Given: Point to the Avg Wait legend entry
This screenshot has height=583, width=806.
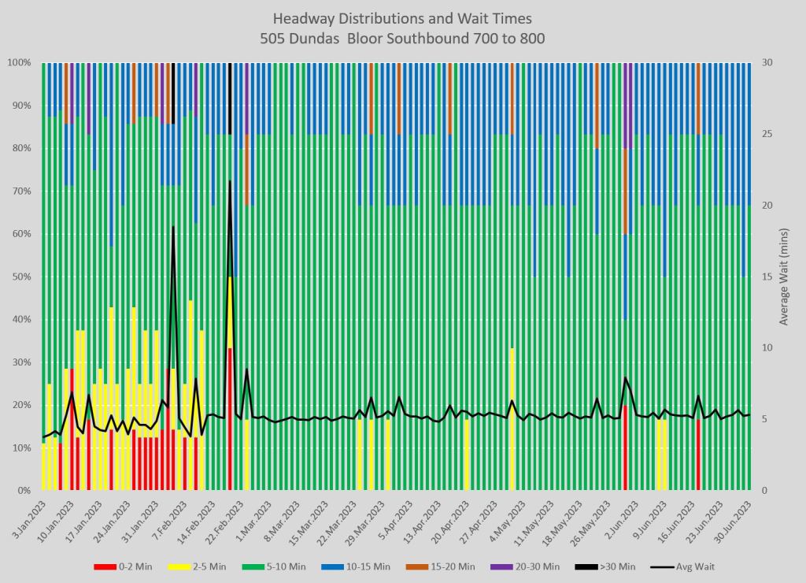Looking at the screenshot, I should [684, 566].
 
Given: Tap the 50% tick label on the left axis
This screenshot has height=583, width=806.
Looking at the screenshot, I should [20, 277].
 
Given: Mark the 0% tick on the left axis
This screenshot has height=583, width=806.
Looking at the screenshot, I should [23, 491].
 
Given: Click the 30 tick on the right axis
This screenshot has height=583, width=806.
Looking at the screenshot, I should [766, 62].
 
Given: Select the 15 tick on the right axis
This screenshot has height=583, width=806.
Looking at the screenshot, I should [766, 277].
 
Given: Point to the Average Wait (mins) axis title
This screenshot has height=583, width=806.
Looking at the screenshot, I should [784, 277].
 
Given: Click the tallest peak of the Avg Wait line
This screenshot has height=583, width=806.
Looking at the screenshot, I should [230, 181].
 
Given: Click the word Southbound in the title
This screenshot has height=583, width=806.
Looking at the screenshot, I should [426, 37].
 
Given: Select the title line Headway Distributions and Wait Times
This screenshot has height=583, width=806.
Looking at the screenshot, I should [402, 18].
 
